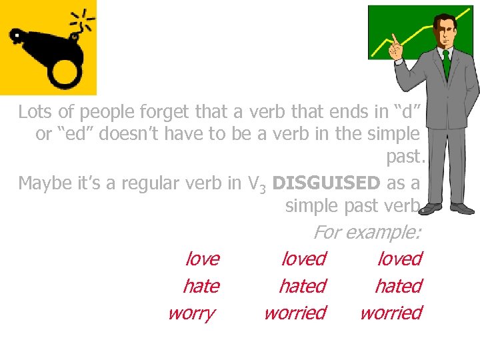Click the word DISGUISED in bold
(327, 182)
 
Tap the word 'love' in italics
(202, 258)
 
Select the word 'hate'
(201, 285)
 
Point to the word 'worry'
(191, 313)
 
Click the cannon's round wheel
(63, 70)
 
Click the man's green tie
(445, 63)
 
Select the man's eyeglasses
(444, 33)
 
